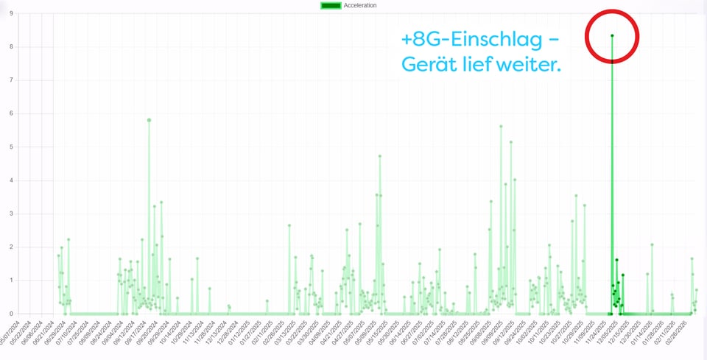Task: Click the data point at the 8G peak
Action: point(612,35)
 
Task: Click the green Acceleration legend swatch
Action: point(331,5)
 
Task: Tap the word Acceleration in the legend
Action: point(360,5)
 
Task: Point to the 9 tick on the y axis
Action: point(11,13)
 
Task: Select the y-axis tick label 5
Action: point(11,147)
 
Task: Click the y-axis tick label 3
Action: point(11,213)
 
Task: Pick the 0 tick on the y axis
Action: point(11,314)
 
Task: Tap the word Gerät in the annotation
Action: point(428,65)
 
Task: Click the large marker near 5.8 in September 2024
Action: point(149,120)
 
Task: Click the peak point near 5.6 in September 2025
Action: point(501,127)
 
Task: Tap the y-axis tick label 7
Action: point(11,80)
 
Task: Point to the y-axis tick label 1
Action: point(11,280)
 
